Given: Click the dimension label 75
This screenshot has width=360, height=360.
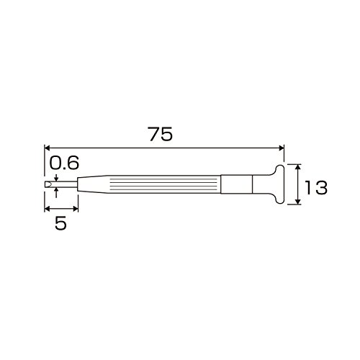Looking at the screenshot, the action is tap(161, 134).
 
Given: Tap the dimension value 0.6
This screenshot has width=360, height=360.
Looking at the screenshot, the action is tap(64, 163).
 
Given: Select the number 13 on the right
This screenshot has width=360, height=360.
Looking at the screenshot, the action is tap(315, 187).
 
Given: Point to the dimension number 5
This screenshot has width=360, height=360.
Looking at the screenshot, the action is tap(60, 224).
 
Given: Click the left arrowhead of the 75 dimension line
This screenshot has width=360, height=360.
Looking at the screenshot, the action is tap(48, 148).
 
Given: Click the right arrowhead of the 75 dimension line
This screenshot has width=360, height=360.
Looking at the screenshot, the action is tap(282, 148).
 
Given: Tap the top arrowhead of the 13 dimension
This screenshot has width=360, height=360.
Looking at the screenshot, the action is tap(298, 167).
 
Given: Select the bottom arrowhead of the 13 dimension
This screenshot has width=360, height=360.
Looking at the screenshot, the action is tap(298, 202).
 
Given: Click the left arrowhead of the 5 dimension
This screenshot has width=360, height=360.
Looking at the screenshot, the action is tap(48, 209).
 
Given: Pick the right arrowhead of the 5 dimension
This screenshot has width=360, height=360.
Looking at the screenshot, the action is tap(76, 209).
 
